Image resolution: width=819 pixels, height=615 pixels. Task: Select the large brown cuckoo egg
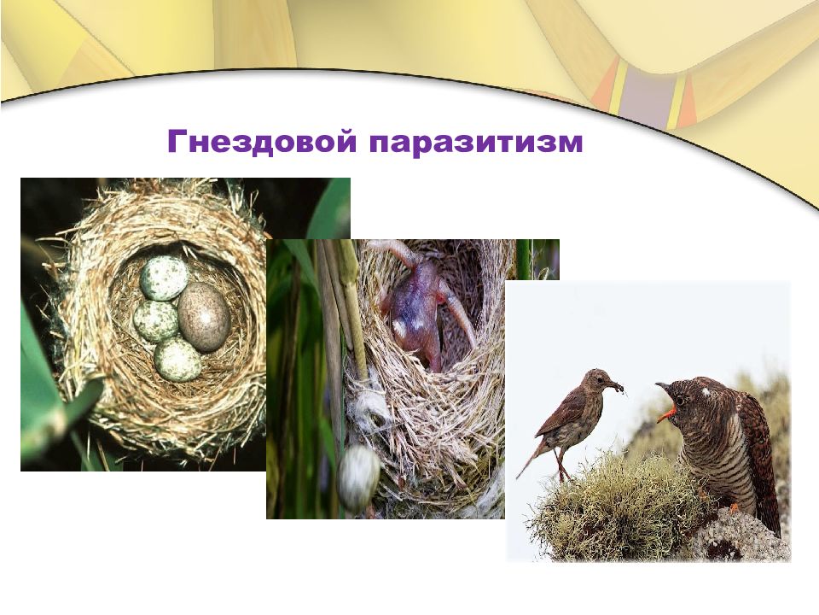pos(204,317)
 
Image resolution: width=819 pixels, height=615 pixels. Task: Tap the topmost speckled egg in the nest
pos(164,278)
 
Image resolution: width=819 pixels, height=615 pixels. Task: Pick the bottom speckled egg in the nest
pos(178,359)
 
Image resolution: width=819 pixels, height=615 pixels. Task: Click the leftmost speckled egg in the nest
pos(156,321)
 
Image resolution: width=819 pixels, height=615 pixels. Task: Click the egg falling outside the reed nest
pos(359,477)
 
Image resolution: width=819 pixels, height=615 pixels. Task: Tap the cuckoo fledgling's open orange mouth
pos(666,414)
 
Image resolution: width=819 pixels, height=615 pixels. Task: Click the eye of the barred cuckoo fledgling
pos(680,399)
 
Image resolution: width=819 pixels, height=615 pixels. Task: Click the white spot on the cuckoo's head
pos(706,391)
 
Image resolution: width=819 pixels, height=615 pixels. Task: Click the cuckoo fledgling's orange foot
pos(734,508)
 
